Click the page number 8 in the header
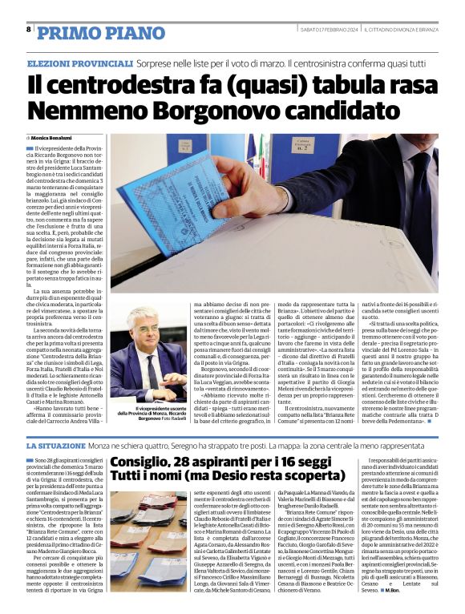(29, 29)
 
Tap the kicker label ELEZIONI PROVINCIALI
(80, 63)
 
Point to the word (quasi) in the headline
(241, 83)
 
